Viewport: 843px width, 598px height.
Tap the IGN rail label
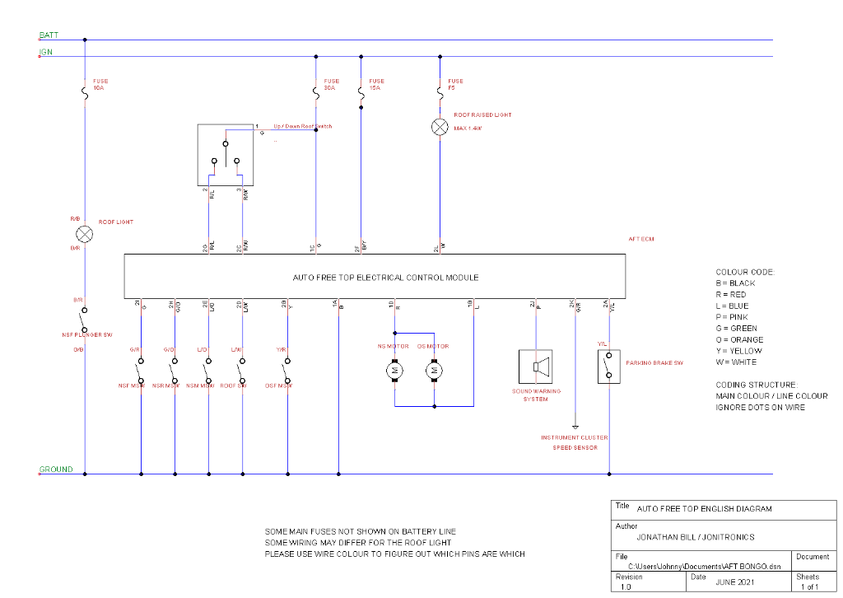click(45, 53)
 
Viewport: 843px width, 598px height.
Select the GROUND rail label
click(56, 470)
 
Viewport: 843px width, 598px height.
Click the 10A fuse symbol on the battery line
click(85, 94)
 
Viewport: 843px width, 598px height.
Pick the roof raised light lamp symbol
click(440, 126)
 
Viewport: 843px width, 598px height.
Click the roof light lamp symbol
click(85, 234)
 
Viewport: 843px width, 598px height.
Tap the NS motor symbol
click(394, 371)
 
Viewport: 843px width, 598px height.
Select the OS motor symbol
click(434, 371)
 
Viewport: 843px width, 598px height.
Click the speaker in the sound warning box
click(537, 367)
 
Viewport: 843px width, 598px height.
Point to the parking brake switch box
click(609, 367)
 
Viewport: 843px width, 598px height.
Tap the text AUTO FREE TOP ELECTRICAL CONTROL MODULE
click(385, 278)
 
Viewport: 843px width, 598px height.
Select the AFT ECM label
click(640, 239)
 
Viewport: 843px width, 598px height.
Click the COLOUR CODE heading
click(745, 272)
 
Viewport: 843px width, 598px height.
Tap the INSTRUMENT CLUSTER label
click(574, 437)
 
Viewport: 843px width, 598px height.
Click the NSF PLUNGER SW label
click(87, 334)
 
